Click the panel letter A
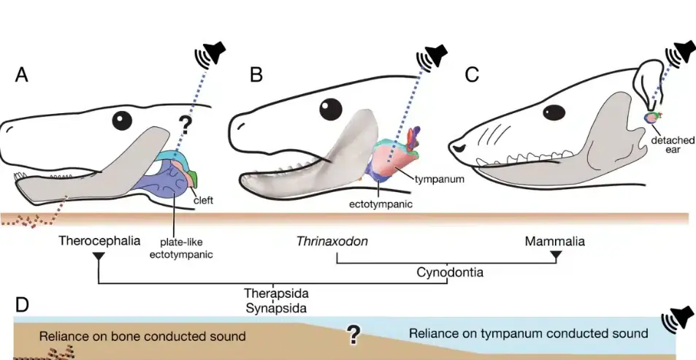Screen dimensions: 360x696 click(22, 75)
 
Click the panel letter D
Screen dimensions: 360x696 click(22, 305)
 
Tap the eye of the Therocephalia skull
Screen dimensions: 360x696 click(121, 119)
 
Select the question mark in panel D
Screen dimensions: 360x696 click(353, 334)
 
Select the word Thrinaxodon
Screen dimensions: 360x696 click(332, 241)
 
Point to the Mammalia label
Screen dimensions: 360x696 click(557, 240)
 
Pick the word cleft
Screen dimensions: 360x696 click(203, 200)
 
